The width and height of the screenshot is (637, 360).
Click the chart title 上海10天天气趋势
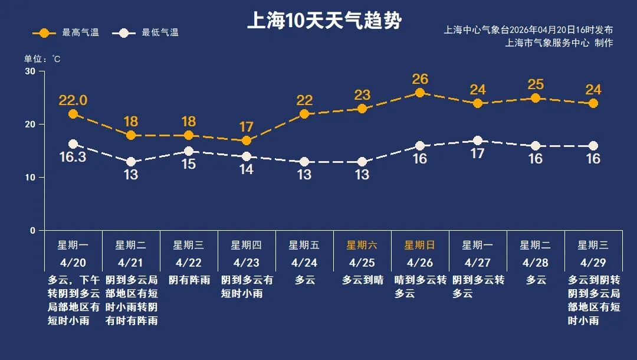pos(324,22)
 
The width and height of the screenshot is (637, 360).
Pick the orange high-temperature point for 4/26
pos(420,93)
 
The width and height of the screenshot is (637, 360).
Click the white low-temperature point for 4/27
pos(478,140)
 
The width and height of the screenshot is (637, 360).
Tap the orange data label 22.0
pos(73,100)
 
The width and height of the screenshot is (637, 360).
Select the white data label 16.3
pos(73,158)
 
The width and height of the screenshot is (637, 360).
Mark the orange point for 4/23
pos(247,140)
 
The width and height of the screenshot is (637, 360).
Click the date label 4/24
pos(304,262)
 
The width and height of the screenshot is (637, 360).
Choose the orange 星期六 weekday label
pos(362,245)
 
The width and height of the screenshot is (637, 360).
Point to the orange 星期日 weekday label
pos(420,245)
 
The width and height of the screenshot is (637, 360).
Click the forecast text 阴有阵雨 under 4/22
pos(189,280)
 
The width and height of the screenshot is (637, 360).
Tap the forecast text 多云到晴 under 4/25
pos(362,280)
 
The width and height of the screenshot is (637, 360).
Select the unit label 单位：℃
pos(42,59)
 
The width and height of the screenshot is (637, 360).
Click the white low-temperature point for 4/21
pos(131,162)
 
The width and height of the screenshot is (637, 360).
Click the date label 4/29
pos(593,262)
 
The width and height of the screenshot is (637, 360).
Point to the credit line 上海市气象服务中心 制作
pos(559,43)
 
